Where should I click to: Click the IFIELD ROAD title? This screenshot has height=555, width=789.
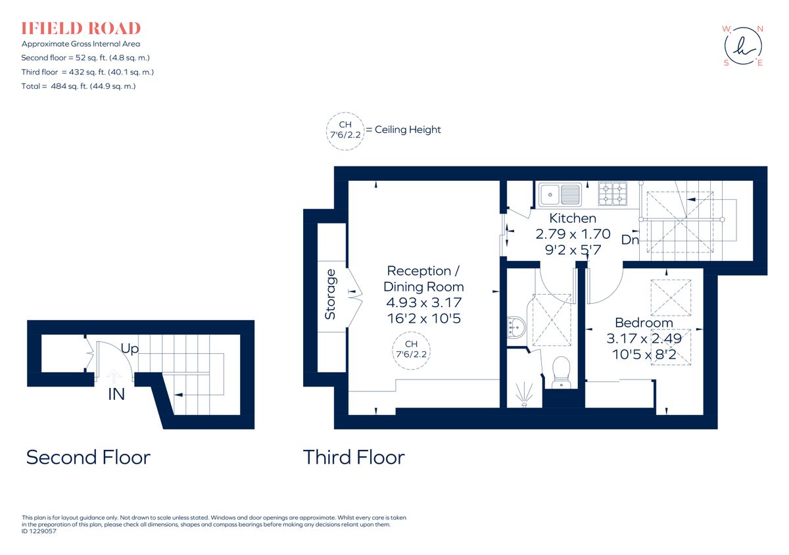81,28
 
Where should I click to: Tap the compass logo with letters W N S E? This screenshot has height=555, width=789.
744,45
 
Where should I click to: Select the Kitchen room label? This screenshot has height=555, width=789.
573,218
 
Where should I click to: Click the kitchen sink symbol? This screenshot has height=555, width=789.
560,194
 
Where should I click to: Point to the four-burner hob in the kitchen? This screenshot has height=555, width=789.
612,194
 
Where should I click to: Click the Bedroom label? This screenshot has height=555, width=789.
644,323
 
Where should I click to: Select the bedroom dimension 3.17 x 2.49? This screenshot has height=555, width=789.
644,339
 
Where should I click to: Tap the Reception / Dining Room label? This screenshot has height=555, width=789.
423,279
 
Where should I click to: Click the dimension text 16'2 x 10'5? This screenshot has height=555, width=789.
423,318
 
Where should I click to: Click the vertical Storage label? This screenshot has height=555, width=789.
331,294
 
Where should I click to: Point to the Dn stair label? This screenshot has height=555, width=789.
630,240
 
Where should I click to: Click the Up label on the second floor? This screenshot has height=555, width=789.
130,349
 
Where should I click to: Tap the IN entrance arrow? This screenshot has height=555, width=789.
114,377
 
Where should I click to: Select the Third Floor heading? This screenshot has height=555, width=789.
354,457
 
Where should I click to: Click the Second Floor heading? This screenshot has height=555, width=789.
88,457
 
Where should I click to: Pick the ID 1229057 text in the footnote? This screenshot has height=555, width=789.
39,531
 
